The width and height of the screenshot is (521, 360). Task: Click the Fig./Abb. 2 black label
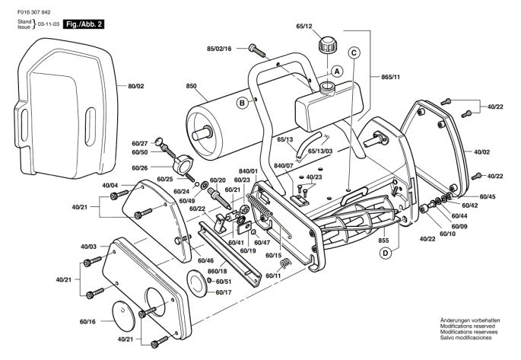click(x=84, y=24)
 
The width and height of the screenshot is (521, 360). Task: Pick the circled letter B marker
click(x=241, y=103)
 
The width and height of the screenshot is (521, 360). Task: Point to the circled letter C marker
click(x=354, y=52)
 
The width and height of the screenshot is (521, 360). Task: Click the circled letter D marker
click(x=386, y=253)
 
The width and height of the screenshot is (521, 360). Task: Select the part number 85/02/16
click(x=219, y=49)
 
